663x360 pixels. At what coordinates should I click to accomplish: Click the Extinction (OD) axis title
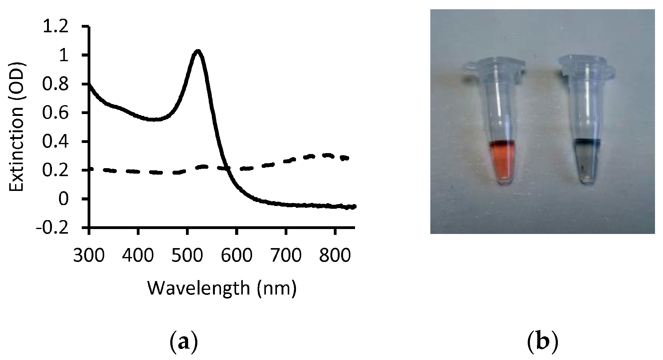(x=17, y=127)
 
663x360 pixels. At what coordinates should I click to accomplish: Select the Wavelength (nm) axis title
(x=222, y=288)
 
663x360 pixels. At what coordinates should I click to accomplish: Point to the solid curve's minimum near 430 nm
(x=154, y=119)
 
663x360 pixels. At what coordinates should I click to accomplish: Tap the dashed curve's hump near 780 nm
(x=328, y=155)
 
